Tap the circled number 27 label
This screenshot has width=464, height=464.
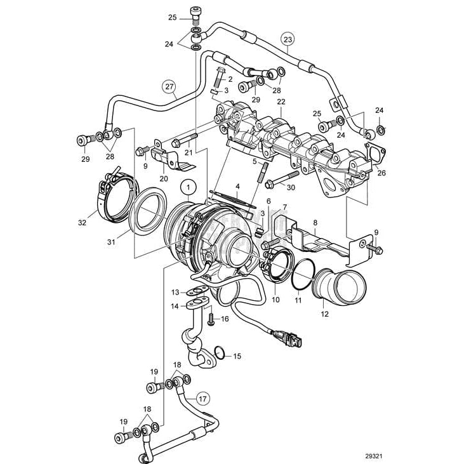pos(168,88)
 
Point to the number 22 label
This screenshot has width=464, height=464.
pos(280,102)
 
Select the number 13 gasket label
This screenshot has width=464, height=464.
pos(175,292)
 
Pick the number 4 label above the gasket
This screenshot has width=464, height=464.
pos(237,187)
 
